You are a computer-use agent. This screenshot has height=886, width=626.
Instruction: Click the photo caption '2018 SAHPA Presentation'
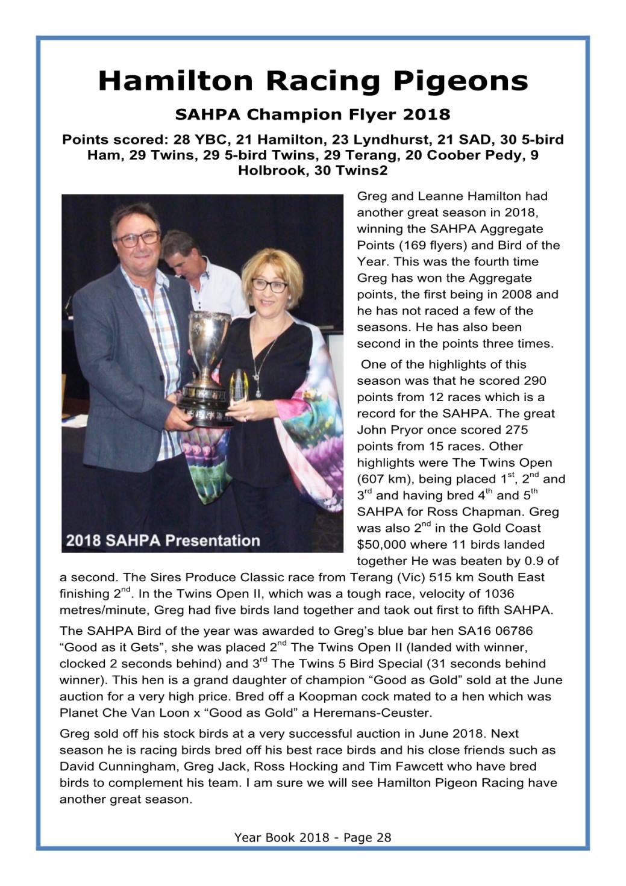pyautogui.click(x=163, y=540)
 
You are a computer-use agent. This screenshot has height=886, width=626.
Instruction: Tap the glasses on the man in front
pyautogui.click(x=137, y=238)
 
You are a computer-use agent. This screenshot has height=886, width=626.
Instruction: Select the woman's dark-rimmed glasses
pyautogui.click(x=269, y=285)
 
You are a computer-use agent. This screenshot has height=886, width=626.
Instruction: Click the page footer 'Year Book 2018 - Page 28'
pyautogui.click(x=313, y=837)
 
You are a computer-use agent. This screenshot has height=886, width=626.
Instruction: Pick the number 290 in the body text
pyautogui.click(x=535, y=381)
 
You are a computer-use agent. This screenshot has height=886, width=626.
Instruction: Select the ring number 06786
pyautogui.click(x=513, y=631)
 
